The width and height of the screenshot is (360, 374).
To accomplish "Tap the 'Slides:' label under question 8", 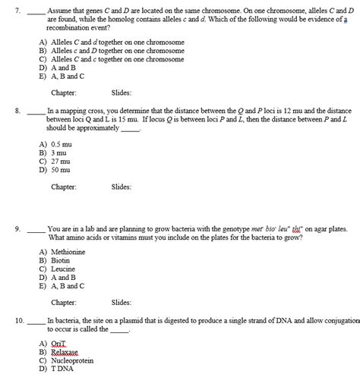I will (x=122, y=187).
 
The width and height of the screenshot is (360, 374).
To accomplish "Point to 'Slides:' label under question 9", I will (x=122, y=302).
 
